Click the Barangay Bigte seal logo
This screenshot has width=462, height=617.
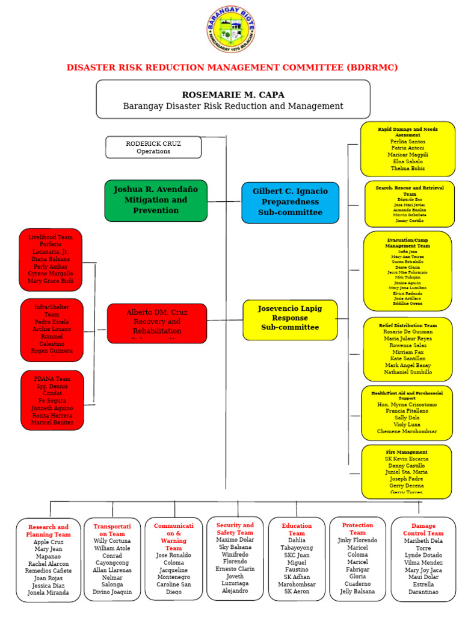231,30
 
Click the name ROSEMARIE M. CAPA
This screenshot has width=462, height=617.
233,95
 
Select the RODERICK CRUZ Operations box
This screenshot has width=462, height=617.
153,147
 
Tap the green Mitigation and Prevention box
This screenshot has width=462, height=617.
155,200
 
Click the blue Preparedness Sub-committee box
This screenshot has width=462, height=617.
290,202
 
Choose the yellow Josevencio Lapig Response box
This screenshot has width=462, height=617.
289,318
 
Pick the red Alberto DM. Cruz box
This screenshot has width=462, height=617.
156,322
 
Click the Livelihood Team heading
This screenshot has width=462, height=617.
51,237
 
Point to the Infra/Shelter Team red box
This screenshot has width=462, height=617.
52,329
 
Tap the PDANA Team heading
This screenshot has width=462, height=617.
52,379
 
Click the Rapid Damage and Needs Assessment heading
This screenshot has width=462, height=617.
407,132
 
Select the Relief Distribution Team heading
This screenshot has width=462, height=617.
407,325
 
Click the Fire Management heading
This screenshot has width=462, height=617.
407,452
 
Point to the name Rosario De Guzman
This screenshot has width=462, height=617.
407,333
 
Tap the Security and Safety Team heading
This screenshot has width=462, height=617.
235,529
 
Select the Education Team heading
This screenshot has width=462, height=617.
297,530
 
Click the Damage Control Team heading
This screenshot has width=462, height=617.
423,530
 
